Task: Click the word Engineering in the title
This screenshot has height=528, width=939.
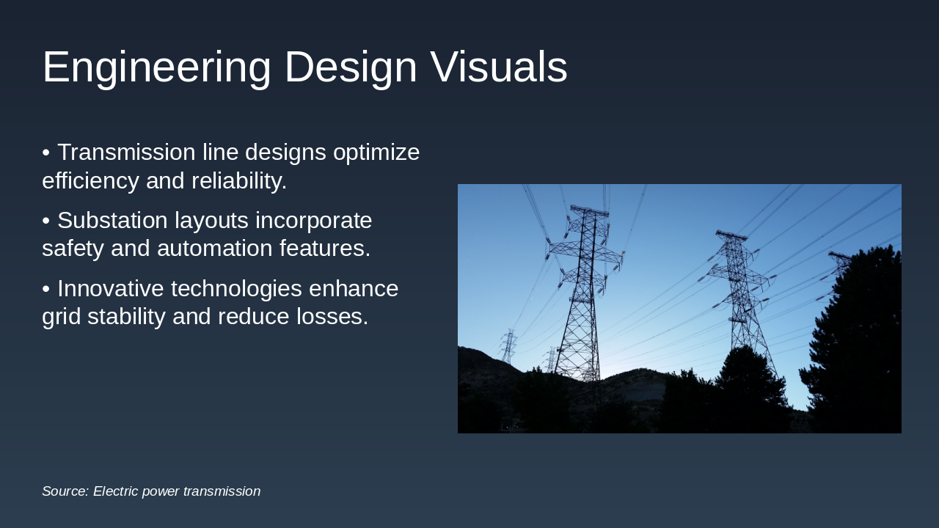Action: click(x=156, y=67)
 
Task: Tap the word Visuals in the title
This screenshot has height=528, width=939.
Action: click(x=499, y=67)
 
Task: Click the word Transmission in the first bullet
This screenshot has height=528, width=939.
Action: click(x=126, y=153)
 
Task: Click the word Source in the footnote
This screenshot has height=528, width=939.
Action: click(x=65, y=491)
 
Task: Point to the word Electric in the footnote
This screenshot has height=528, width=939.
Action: click(x=116, y=491)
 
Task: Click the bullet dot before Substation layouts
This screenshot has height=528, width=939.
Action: click(x=45, y=221)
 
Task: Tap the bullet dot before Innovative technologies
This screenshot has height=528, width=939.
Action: click(x=45, y=289)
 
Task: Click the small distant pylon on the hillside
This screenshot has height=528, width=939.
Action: click(x=508, y=345)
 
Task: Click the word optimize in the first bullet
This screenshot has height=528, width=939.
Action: click(x=376, y=153)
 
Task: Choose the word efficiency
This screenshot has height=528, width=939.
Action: click(x=90, y=181)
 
